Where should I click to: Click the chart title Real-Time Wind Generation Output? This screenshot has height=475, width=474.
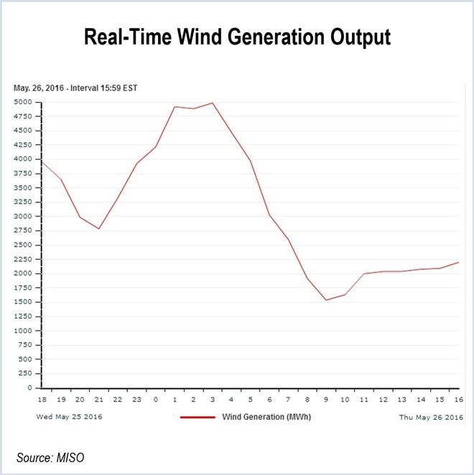tap(237, 37)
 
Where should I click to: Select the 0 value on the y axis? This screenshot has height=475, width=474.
tap(29, 388)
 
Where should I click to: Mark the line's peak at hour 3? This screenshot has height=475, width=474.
tap(213, 103)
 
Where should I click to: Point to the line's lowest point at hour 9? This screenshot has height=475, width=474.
tap(326, 300)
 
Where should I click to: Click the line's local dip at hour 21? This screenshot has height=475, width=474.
tap(98, 229)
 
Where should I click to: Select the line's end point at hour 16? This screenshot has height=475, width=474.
tap(458, 262)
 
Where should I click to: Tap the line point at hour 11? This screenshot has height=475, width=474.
tap(364, 273)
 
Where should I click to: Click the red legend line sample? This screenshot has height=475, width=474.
tap(197, 416)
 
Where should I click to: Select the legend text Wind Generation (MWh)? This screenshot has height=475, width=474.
tap(266, 416)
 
